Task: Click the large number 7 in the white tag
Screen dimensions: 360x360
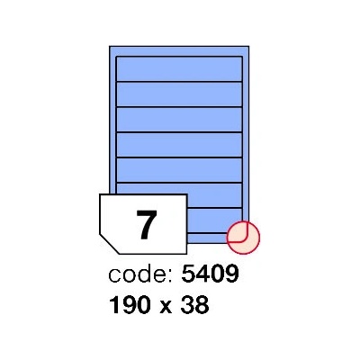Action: pyautogui.click(x=147, y=225)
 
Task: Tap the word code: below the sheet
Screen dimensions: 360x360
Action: pyautogui.click(x=140, y=274)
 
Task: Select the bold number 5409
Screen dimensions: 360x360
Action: pyautogui.click(x=210, y=274)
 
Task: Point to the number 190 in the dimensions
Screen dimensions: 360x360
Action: pyautogui.click(x=130, y=305)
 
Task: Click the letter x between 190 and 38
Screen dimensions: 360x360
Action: pyautogui.click(x=166, y=308)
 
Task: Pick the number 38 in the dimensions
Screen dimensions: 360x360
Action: pyautogui.click(x=195, y=305)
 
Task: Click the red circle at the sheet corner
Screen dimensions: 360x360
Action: pyautogui.click(x=243, y=238)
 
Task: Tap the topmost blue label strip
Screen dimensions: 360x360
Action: pyautogui.click(x=179, y=68)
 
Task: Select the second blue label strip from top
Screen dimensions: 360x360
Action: pyautogui.click(x=179, y=94)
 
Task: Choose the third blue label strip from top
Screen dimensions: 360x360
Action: pyautogui.click(x=179, y=120)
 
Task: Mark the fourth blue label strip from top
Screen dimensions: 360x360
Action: pyautogui.click(x=179, y=145)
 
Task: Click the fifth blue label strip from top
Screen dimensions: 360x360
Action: pyautogui.click(x=179, y=170)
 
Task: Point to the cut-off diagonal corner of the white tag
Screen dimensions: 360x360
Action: pyautogui.click(x=109, y=244)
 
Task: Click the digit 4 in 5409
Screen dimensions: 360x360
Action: pyautogui.click(x=203, y=274)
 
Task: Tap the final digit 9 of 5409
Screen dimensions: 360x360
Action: pyautogui.click(x=231, y=274)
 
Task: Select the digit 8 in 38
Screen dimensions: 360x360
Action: pyautogui.click(x=202, y=305)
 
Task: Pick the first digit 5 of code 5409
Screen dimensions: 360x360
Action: pyautogui.click(x=189, y=274)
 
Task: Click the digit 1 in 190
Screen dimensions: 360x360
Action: pyautogui.click(x=114, y=305)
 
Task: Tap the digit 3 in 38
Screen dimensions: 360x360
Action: pyautogui.click(x=188, y=305)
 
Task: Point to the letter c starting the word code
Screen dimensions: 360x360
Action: pyautogui.click(x=114, y=276)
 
